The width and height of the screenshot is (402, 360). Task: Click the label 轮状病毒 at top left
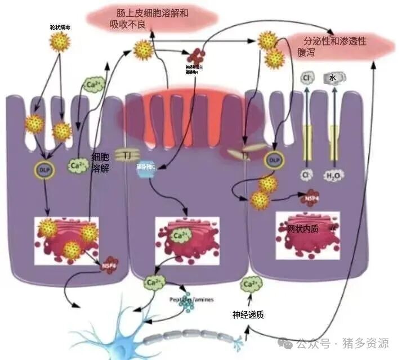click(x=59, y=27)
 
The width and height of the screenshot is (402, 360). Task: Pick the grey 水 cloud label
click(x=333, y=78)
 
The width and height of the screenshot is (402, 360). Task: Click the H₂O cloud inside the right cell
click(x=332, y=175)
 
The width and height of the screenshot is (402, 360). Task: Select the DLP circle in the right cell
click(x=274, y=160)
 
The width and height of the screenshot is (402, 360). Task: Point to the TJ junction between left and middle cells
click(x=123, y=154)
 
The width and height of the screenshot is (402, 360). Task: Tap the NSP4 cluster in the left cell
click(x=109, y=264)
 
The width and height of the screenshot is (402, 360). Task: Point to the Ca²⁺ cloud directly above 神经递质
click(x=252, y=286)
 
